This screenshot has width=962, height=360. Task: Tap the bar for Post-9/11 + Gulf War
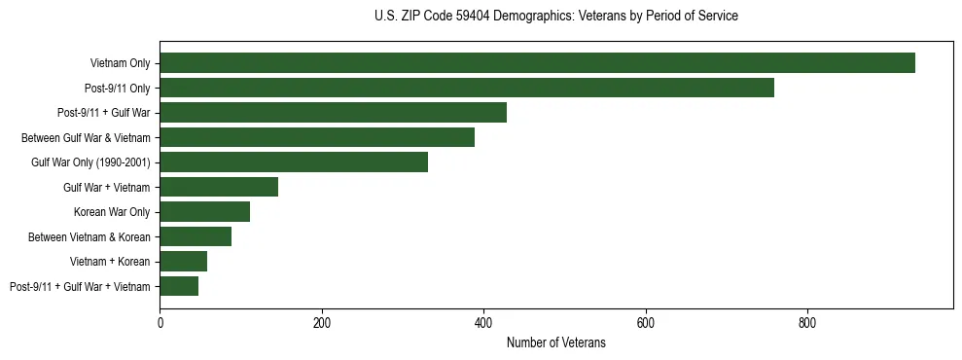(333, 113)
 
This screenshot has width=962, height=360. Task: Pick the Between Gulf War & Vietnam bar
(317, 137)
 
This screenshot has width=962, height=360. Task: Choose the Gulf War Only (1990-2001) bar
(294, 162)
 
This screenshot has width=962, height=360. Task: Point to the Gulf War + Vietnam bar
(219, 187)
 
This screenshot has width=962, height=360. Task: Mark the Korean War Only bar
(204, 212)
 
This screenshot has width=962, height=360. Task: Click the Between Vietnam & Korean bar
(196, 236)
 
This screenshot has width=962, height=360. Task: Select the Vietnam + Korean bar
(183, 262)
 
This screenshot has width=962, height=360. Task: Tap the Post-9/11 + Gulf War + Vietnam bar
(179, 286)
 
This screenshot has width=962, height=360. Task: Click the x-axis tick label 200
(322, 323)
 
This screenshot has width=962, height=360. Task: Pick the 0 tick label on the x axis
(160, 323)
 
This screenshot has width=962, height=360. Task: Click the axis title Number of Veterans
(556, 343)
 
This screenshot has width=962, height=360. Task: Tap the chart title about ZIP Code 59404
(555, 16)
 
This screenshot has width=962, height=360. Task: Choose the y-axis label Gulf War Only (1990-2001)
(90, 162)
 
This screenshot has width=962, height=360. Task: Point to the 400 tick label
(483, 323)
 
